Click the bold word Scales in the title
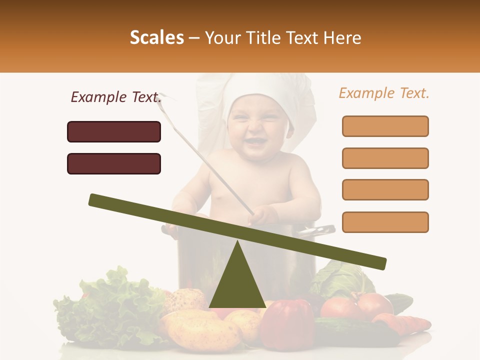pyautogui.click(x=156, y=37)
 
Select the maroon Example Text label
pyautogui.click(x=116, y=97)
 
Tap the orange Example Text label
pyautogui.click(x=384, y=93)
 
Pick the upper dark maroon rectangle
pyautogui.click(x=114, y=131)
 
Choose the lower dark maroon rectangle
pyautogui.click(x=114, y=163)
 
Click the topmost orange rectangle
pyautogui.click(x=385, y=126)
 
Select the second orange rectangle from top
pyautogui.click(x=385, y=158)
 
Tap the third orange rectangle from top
pyautogui.click(x=385, y=190)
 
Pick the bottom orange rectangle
pyautogui.click(x=385, y=222)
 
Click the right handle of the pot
pyautogui.click(x=320, y=230)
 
